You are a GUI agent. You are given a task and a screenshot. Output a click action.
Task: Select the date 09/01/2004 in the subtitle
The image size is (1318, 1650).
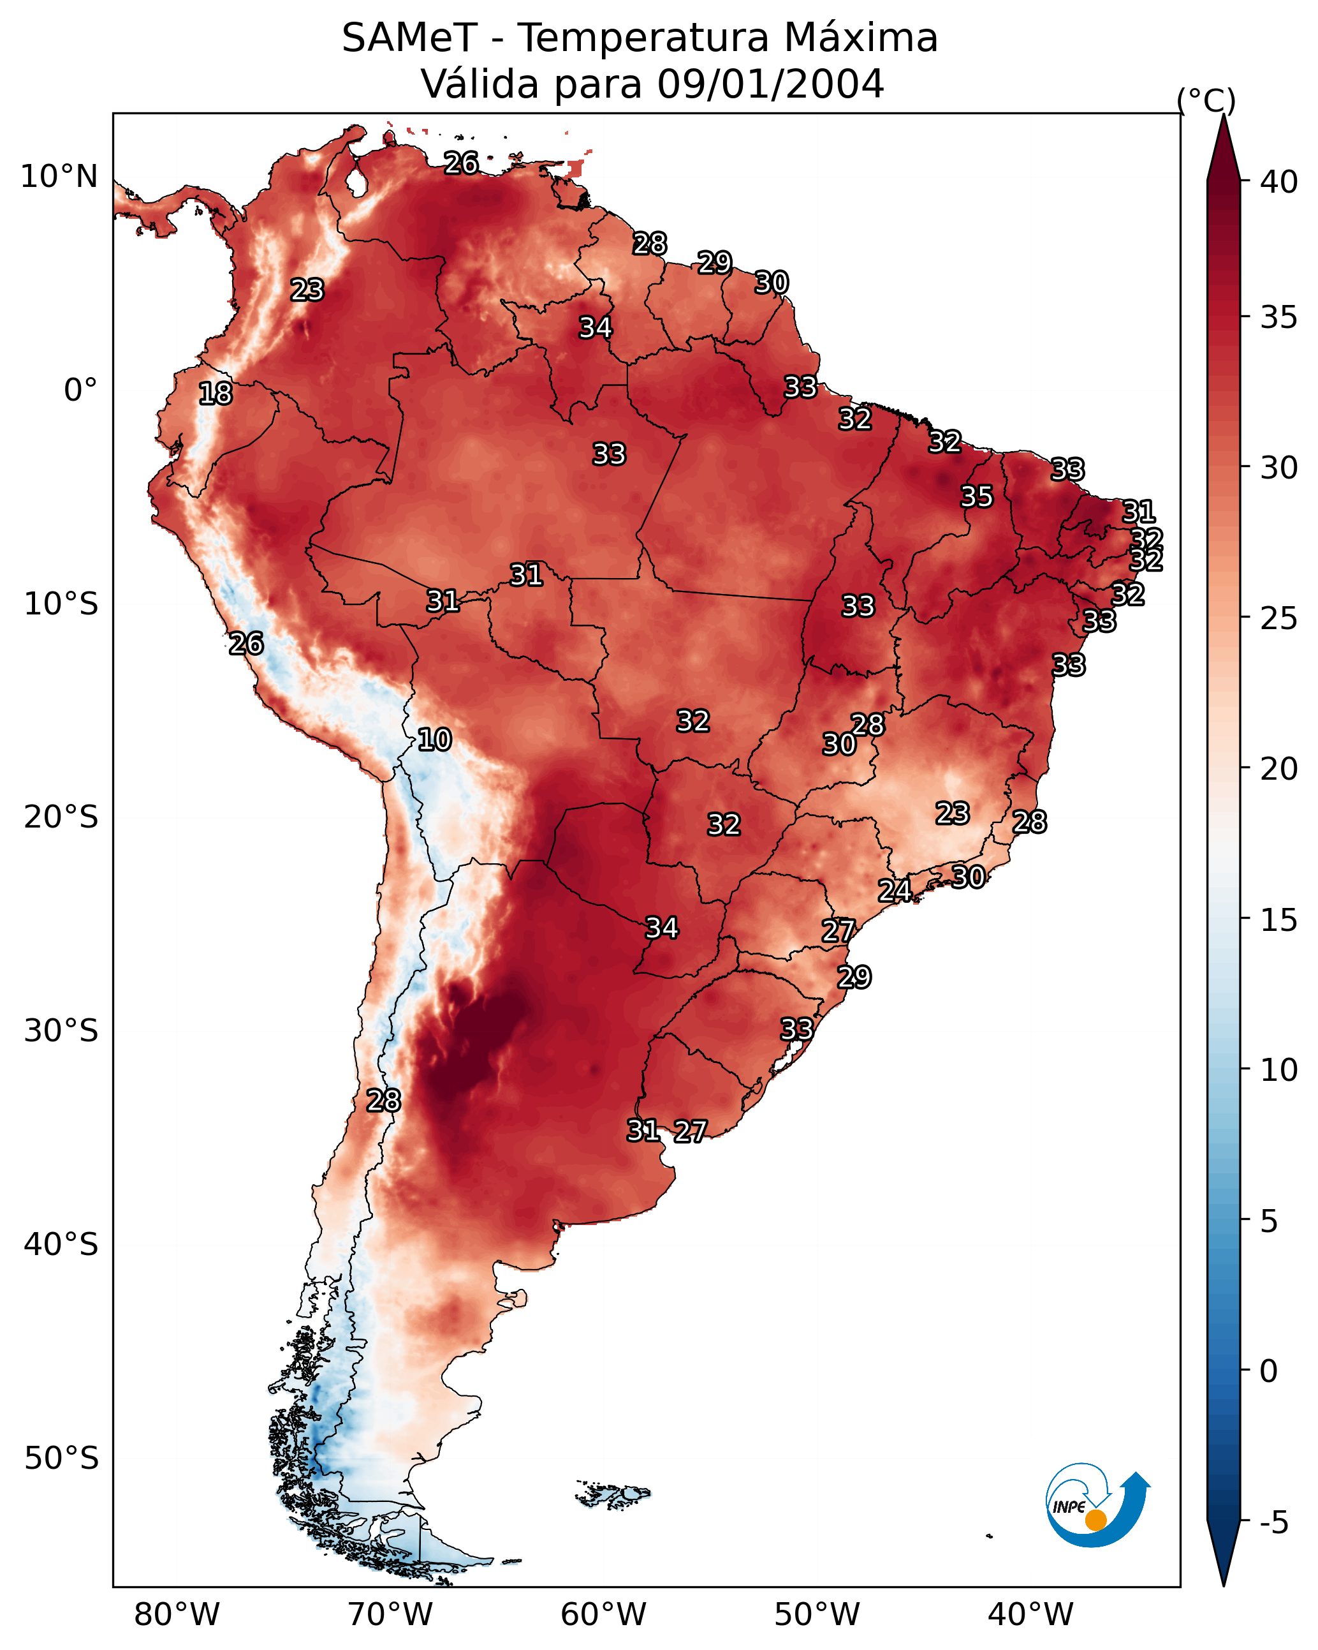(770, 84)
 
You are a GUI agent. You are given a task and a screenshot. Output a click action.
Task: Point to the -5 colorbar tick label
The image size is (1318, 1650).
(1275, 1523)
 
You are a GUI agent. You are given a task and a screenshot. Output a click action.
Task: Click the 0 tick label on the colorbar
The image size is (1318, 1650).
(1270, 1371)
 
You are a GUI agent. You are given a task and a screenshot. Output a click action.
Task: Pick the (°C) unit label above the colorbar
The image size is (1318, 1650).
(1206, 100)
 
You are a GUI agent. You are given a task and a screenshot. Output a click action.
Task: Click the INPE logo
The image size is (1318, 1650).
(1098, 1505)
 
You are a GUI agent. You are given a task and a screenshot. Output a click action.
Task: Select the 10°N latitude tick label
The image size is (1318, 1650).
(59, 177)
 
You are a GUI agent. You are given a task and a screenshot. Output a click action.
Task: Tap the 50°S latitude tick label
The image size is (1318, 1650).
(61, 1459)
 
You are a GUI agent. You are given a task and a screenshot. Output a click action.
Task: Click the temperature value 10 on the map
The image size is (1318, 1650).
(434, 740)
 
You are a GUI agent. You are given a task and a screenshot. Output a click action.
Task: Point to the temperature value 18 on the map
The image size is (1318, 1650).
(215, 394)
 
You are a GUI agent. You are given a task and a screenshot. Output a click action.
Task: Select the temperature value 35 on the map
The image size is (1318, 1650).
(977, 496)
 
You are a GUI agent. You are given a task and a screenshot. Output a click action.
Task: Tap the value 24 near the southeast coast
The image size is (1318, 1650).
(894, 890)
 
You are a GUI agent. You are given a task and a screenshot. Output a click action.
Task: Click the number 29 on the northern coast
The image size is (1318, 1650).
(714, 262)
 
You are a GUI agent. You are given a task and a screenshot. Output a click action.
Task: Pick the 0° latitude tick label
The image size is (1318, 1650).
(81, 390)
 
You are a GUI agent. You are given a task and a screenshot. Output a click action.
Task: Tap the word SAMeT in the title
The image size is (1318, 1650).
(410, 38)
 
